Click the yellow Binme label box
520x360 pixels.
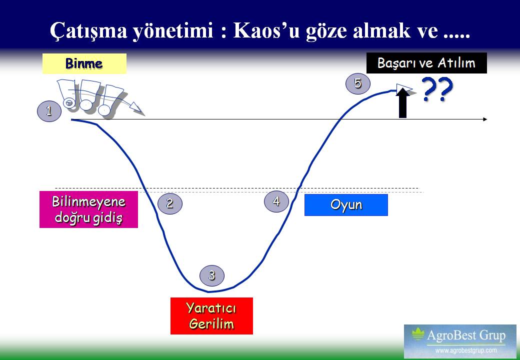84,63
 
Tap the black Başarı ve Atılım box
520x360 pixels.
426,63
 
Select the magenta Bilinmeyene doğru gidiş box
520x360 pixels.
88,209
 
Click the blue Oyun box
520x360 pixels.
346,205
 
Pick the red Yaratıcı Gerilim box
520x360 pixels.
211,316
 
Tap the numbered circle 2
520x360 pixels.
170,203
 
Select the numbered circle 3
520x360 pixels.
212,275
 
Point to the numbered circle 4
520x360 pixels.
276,201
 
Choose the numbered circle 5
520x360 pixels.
358,83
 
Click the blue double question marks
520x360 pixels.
438,89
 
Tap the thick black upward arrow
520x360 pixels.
402,103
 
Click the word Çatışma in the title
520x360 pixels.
88,30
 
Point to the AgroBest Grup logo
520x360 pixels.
460,341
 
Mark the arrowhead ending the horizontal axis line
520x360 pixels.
485,119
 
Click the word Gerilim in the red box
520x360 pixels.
211,324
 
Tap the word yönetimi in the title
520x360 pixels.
173,31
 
